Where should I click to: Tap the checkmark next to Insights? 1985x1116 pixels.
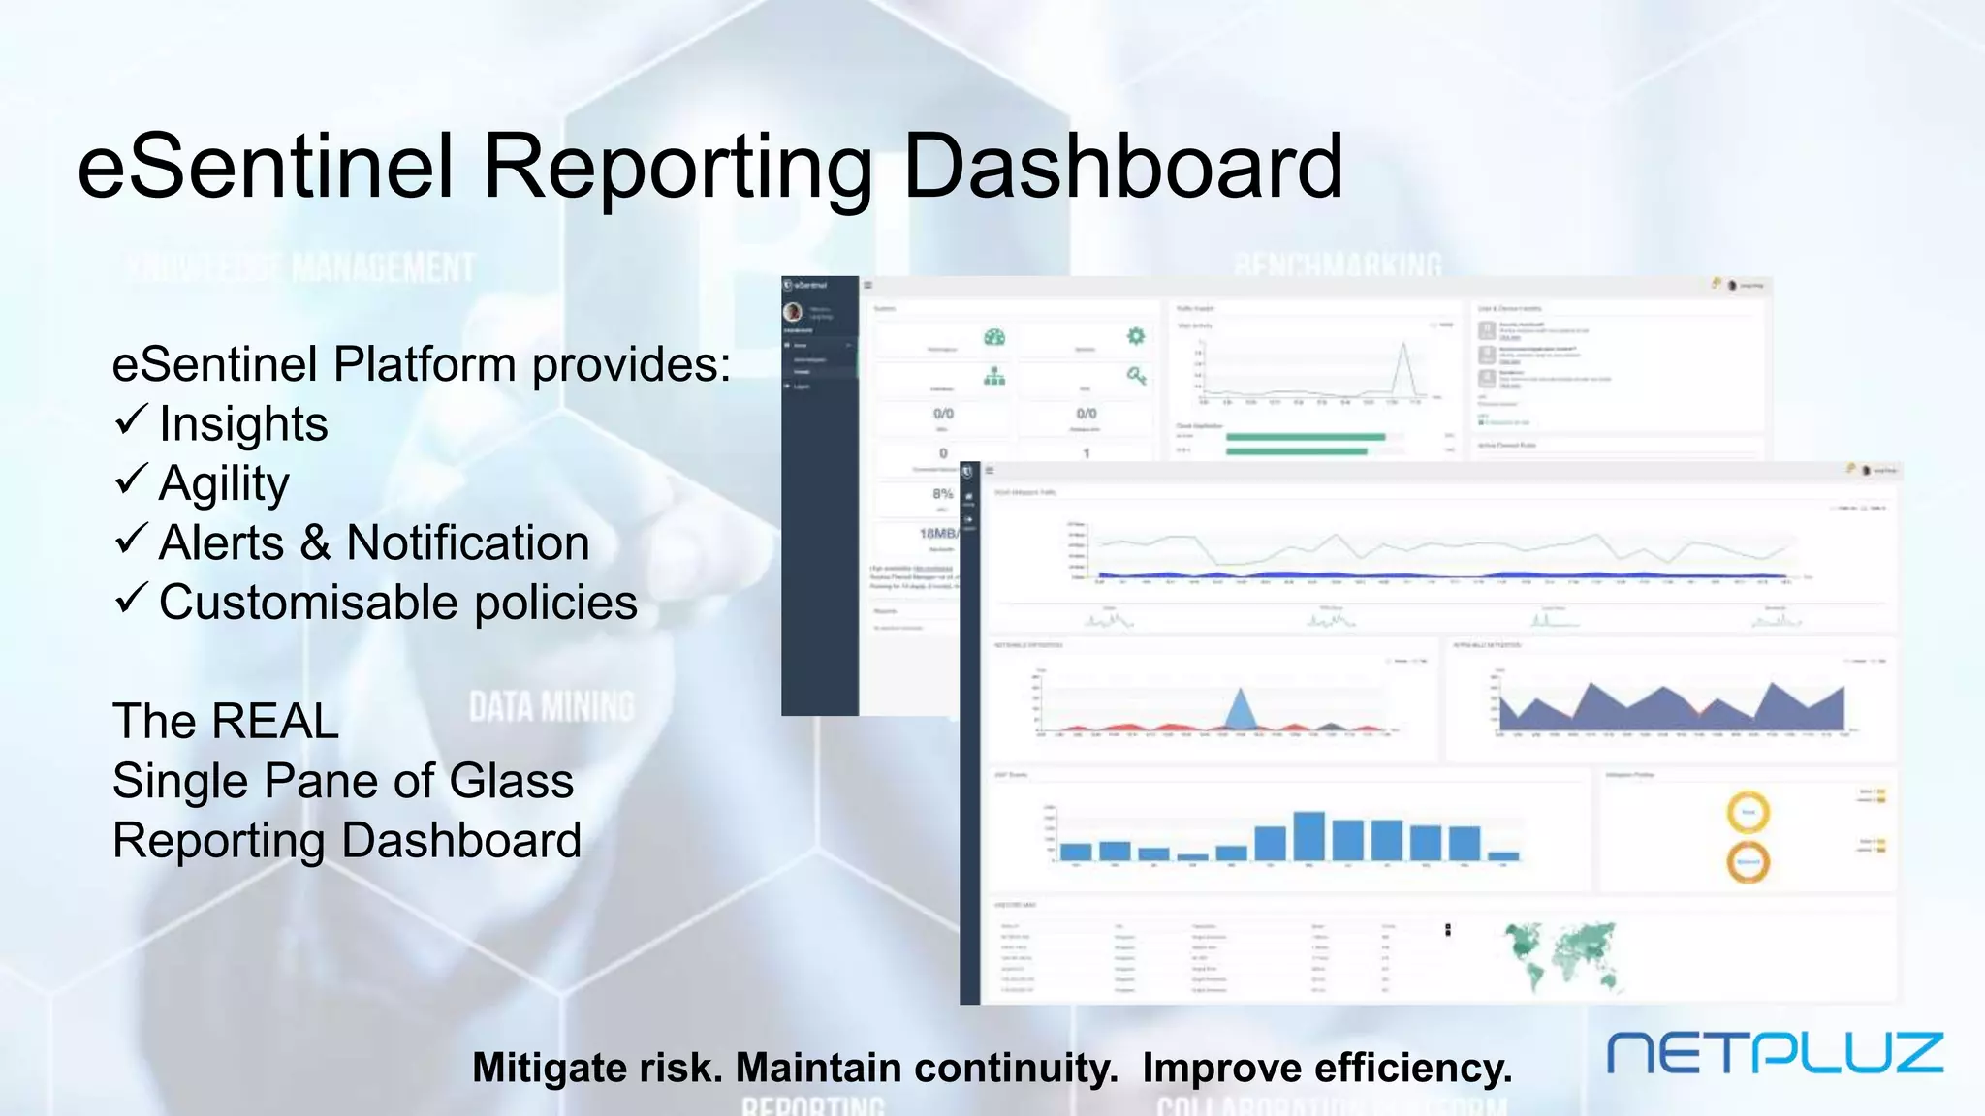131,420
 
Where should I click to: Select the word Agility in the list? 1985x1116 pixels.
224,482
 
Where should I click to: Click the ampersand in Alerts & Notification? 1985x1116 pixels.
315,542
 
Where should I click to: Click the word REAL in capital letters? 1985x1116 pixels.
275,721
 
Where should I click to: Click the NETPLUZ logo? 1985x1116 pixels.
1775,1052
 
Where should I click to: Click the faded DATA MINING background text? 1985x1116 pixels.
551,707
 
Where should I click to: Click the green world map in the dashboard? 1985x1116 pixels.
1561,953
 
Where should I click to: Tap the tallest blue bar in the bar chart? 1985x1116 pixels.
1308,835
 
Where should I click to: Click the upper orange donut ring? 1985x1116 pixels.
1748,812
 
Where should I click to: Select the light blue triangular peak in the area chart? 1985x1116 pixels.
1241,711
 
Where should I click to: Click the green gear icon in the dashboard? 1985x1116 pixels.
1136,336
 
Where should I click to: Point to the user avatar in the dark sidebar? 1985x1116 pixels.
793,312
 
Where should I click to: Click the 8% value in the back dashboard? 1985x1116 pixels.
941,493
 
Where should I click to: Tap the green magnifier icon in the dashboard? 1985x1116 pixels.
1136,375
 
